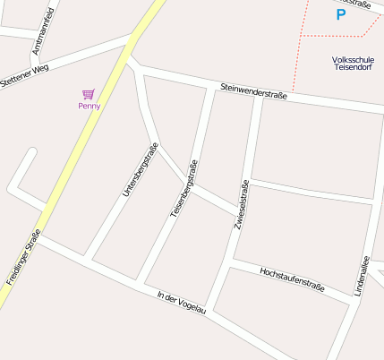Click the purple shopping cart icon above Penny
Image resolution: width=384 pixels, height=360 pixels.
[88, 93]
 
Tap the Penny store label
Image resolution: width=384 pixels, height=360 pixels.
[89, 106]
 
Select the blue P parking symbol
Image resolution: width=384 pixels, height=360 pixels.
[340, 14]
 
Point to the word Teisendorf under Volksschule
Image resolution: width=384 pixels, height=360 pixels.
[353, 71]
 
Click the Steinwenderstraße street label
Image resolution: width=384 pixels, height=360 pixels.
[253, 91]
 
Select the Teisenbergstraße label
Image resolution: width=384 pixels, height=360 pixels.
[183, 189]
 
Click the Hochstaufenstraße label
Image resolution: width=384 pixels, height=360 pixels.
[291, 279]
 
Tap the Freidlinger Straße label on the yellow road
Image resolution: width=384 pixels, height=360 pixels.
[23, 258]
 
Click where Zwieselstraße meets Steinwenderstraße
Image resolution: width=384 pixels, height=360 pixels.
[258, 97]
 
